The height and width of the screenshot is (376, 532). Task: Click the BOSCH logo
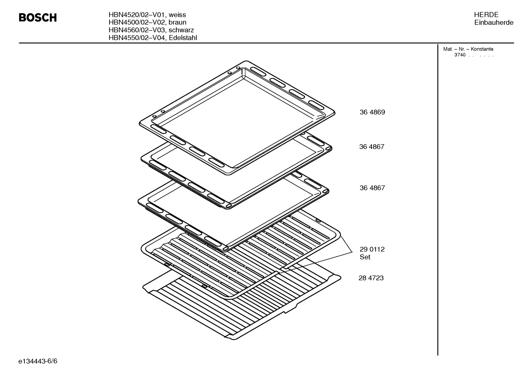(38, 18)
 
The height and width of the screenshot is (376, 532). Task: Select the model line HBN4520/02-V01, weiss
(147, 15)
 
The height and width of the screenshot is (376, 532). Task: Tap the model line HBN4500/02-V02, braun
(148, 23)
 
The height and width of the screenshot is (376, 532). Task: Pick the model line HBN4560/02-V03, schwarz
(151, 30)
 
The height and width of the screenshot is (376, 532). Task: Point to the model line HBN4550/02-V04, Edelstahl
(153, 38)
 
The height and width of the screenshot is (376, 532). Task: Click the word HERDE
(486, 15)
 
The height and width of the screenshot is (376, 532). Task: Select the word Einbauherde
(494, 23)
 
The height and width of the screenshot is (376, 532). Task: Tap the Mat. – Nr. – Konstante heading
(468, 49)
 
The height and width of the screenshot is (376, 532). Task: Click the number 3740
(460, 55)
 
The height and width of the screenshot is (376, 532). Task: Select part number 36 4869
(372, 112)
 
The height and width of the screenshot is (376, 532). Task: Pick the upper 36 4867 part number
(372, 147)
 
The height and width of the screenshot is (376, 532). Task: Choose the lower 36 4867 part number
(372, 188)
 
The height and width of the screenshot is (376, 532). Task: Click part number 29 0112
(372, 249)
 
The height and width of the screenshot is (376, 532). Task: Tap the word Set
(365, 257)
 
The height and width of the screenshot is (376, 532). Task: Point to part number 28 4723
(371, 278)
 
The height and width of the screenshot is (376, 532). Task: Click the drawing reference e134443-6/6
(38, 361)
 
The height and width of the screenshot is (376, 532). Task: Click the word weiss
(177, 15)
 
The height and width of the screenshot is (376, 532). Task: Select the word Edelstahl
(183, 38)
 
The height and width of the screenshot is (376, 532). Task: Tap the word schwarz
(181, 30)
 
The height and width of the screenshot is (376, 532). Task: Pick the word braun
(177, 23)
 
